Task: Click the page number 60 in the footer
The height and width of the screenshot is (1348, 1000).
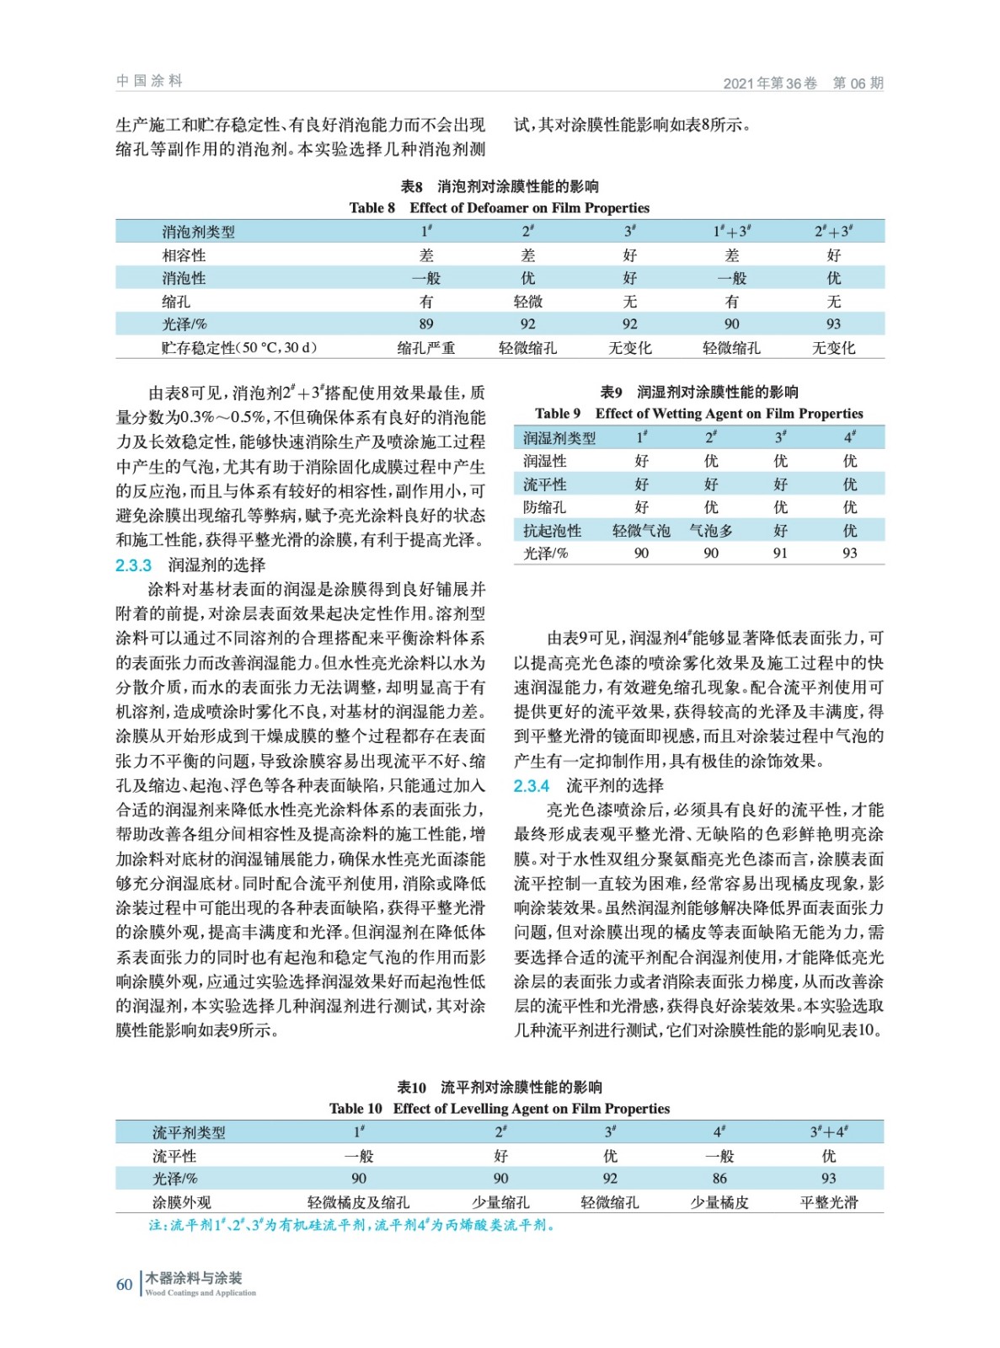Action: [x=124, y=1284]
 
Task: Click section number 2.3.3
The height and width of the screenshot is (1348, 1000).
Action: [x=133, y=564]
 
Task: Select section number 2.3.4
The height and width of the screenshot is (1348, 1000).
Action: [x=532, y=785]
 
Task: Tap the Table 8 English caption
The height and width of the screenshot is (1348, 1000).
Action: [x=500, y=207]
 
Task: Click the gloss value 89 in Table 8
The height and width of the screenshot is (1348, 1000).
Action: [x=426, y=324]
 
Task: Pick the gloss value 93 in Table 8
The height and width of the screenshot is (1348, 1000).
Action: [x=833, y=324]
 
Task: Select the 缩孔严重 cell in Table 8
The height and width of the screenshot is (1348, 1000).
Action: [x=426, y=347]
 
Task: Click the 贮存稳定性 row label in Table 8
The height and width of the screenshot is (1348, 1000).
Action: [x=239, y=347]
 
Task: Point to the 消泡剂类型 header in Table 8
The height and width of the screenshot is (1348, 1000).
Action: [x=198, y=232]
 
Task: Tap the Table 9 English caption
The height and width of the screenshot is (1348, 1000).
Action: [x=698, y=413]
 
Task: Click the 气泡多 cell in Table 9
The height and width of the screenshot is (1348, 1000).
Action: [x=711, y=530]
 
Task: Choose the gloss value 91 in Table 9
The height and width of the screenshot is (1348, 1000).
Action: [x=780, y=553]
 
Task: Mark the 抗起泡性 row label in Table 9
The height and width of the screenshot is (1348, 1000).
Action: [x=552, y=530]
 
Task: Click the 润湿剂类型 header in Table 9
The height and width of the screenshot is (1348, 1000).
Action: [x=559, y=437]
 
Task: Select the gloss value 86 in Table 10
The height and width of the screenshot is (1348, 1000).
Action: [x=719, y=1178]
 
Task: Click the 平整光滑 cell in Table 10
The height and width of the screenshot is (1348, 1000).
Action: [x=828, y=1202]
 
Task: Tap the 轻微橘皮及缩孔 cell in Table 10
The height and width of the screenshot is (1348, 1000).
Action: [x=359, y=1202]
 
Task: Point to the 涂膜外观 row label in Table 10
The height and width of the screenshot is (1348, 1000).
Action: [x=181, y=1202]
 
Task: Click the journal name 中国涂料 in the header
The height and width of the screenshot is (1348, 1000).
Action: [x=149, y=81]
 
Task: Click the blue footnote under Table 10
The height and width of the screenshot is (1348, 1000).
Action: [x=352, y=1225]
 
